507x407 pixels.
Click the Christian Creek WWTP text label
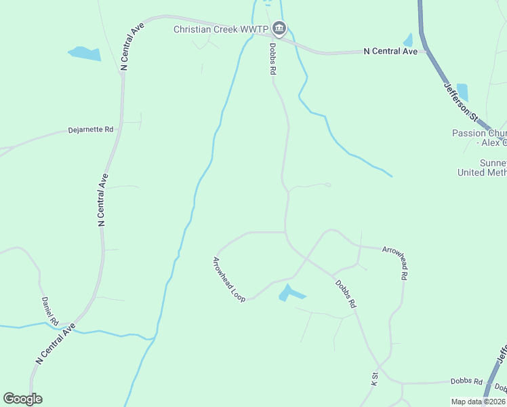(x=221, y=29)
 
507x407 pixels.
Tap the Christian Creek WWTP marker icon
(x=279, y=28)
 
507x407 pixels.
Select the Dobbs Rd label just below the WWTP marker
(x=273, y=59)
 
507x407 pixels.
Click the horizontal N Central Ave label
(x=390, y=51)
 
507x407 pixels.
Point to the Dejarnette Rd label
(x=90, y=129)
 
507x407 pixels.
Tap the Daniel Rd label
(x=50, y=311)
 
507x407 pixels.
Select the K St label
(x=374, y=379)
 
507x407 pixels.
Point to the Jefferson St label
(x=460, y=103)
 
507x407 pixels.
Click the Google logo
(x=22, y=399)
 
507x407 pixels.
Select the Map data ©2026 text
(x=477, y=402)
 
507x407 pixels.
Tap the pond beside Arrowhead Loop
(x=291, y=294)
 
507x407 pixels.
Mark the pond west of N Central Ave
(x=85, y=53)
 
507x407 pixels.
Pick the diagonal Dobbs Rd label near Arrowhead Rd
(x=345, y=293)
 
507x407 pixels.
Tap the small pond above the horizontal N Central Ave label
(x=408, y=39)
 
